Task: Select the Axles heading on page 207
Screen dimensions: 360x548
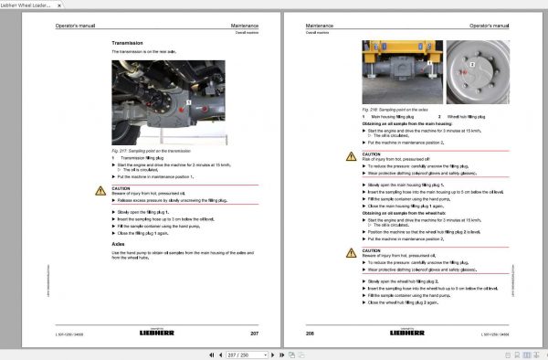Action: pos(119,245)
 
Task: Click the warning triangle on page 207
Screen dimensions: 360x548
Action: pos(101,189)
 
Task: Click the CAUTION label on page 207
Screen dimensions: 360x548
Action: pos(120,186)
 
